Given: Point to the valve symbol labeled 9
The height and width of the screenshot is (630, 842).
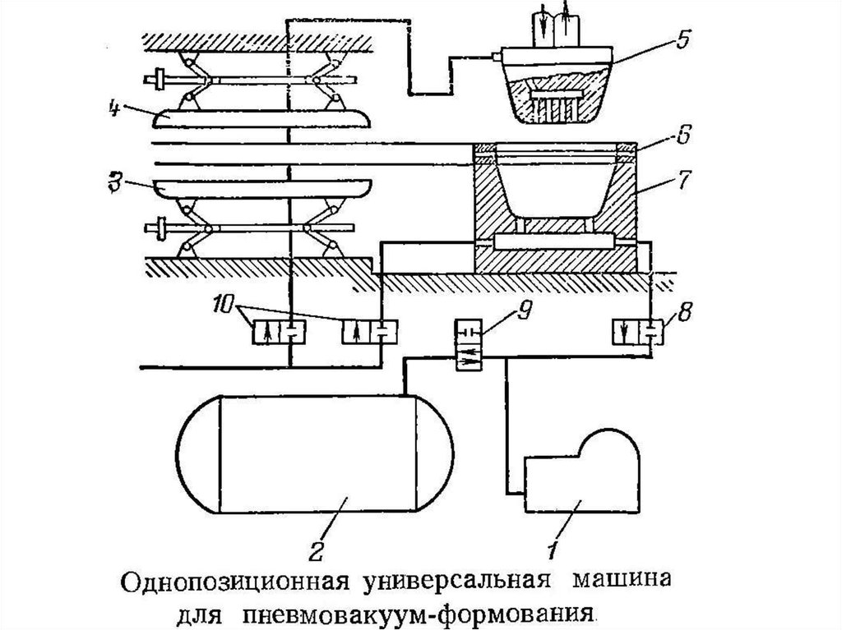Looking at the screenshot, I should tap(471, 347).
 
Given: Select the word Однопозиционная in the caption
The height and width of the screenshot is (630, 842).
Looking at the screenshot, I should tap(238, 586).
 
